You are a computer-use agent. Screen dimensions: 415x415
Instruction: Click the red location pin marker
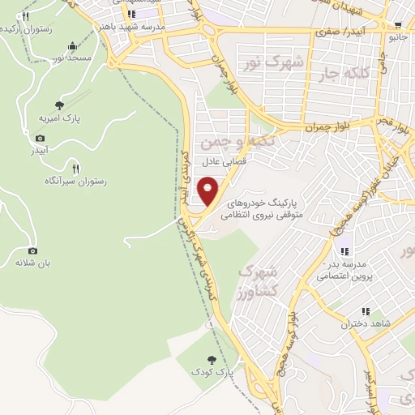click(x=208, y=190)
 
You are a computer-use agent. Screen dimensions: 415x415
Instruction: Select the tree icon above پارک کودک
click(x=212, y=358)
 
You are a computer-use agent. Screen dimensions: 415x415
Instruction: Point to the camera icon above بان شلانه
click(x=33, y=250)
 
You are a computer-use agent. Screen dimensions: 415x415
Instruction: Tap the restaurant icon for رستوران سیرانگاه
click(x=76, y=169)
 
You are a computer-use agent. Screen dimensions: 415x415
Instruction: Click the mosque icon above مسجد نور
click(x=74, y=45)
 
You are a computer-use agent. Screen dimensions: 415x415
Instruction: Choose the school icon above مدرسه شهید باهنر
click(x=132, y=14)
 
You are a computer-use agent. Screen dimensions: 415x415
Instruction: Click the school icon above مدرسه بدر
click(x=344, y=251)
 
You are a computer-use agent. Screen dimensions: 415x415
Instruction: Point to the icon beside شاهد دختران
click(x=366, y=310)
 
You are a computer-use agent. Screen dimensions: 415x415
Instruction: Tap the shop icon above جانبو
click(x=397, y=25)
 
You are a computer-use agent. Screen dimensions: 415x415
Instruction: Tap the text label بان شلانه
click(x=33, y=263)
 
